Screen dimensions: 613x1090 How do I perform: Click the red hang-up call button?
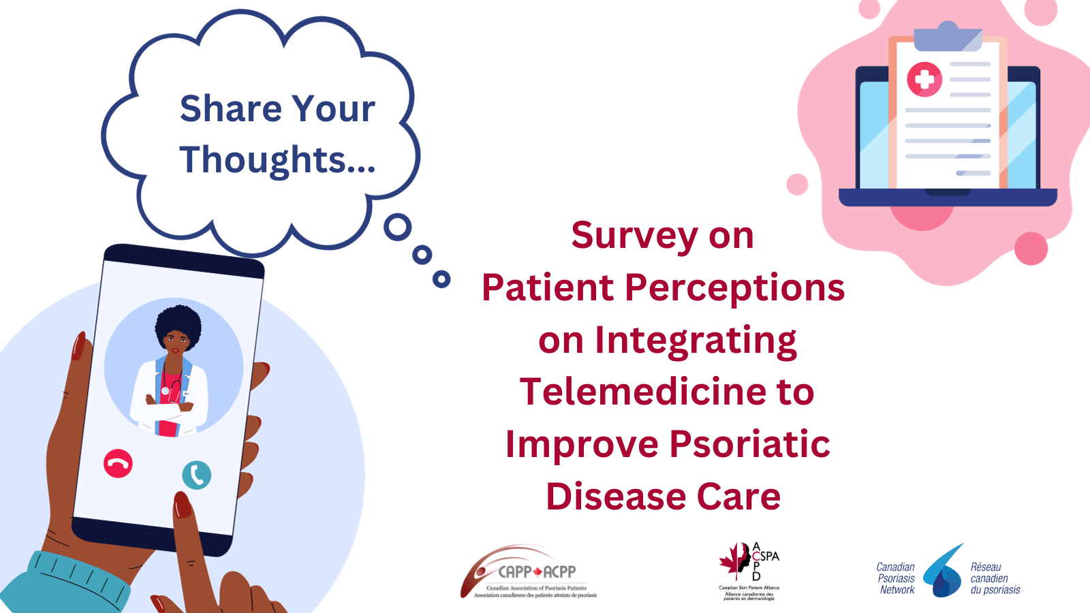click(x=118, y=464)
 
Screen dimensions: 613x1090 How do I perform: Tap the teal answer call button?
click(x=197, y=475)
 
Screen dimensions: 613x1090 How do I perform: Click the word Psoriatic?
click(x=749, y=444)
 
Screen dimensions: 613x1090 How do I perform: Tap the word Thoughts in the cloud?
click(x=263, y=160)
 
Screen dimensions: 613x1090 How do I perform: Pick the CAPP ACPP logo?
click(x=529, y=573)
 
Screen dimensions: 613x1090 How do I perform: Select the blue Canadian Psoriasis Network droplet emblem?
click(x=944, y=573)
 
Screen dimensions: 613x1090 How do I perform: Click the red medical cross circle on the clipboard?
click(x=924, y=79)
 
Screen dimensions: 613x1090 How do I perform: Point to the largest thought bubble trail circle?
click(x=398, y=227)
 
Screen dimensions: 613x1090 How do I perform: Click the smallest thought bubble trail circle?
click(x=441, y=279)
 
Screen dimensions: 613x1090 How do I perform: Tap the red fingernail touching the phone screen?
click(x=183, y=505)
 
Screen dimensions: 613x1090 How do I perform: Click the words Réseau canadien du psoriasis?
click(x=995, y=578)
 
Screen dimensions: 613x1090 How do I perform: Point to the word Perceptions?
click(x=734, y=288)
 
